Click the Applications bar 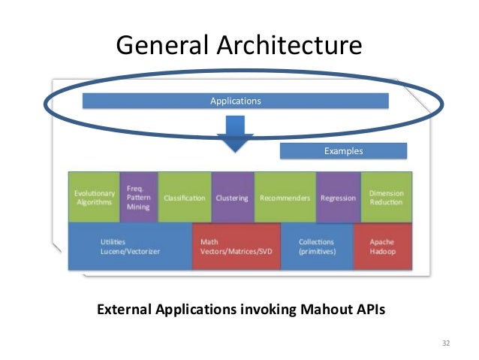(x=235, y=100)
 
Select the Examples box (x=343, y=151)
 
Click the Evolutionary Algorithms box (x=94, y=197)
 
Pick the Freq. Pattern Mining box (x=138, y=197)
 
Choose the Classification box (x=185, y=198)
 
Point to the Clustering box (x=233, y=198)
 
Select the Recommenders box (x=285, y=198)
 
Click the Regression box (x=338, y=198)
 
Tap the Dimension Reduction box (x=387, y=198)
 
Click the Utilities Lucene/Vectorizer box (x=130, y=247)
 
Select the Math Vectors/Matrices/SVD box (x=236, y=247)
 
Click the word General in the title (x=156, y=46)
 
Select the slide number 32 (x=446, y=343)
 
